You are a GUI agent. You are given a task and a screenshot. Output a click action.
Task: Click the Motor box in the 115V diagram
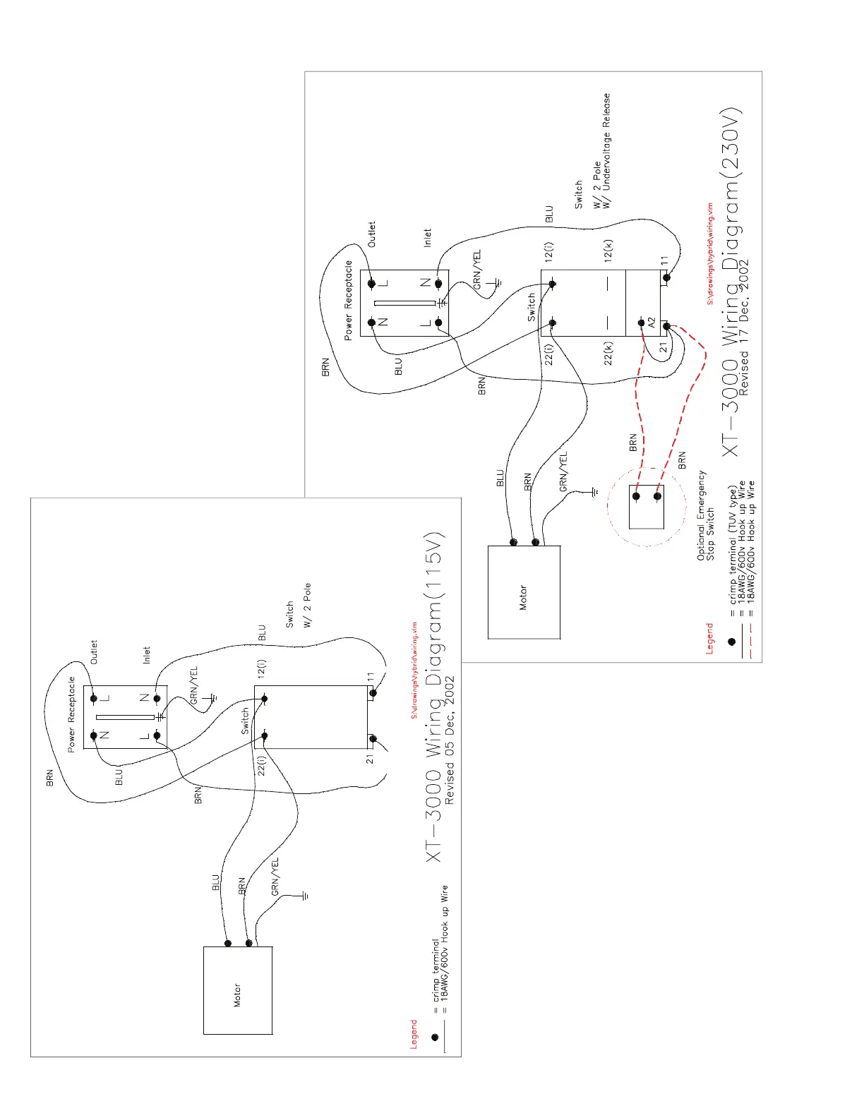(238, 990)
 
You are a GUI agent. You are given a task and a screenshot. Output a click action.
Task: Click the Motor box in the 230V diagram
(524, 592)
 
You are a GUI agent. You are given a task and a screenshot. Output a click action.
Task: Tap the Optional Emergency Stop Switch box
(647, 507)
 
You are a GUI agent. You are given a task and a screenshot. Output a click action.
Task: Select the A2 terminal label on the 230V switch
(652, 322)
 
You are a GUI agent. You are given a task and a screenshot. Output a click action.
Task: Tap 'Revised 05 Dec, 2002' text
(450, 741)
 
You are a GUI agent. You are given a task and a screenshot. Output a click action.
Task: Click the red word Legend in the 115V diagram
(414, 1034)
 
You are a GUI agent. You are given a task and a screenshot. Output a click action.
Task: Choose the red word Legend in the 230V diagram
(710, 639)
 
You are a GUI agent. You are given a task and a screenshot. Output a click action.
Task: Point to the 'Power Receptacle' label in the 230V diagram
(348, 300)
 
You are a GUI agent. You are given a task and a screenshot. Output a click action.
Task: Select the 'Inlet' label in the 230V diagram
(427, 238)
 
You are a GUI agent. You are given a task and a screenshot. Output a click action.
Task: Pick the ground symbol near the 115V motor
(304, 896)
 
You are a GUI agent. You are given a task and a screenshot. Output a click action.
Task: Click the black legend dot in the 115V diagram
(435, 1037)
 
